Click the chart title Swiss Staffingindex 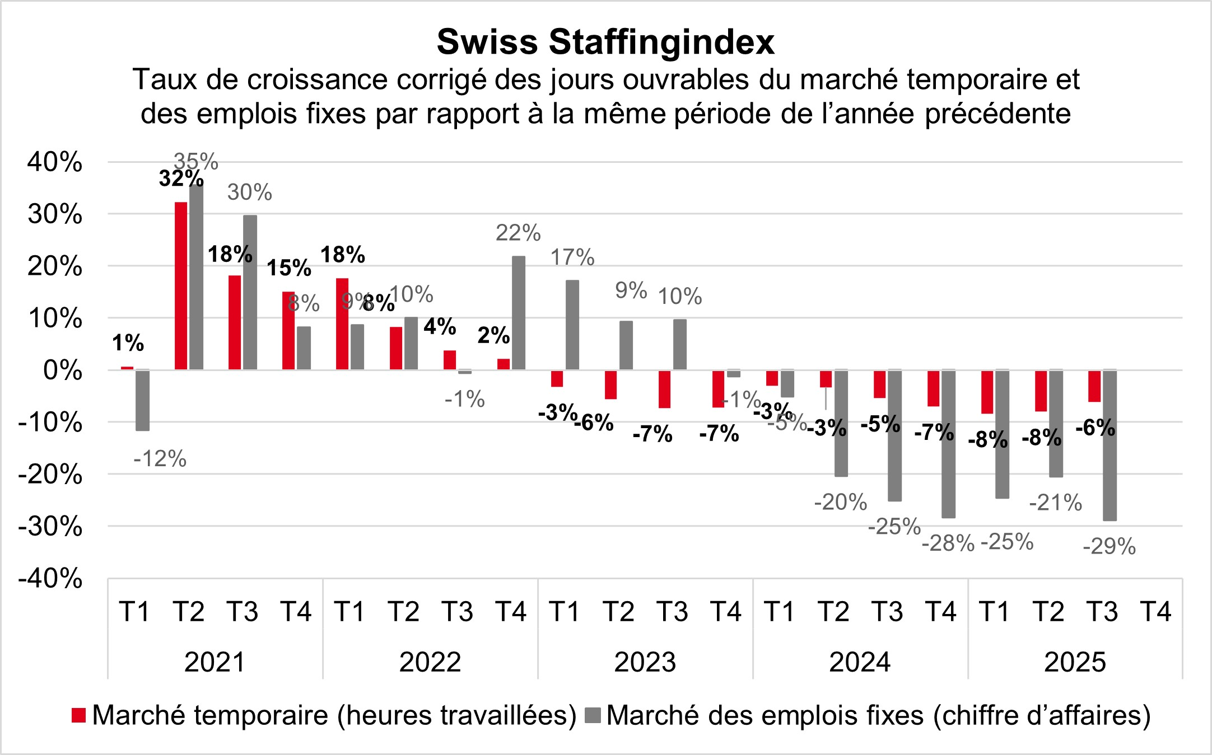point(605,42)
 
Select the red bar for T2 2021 point(181,285)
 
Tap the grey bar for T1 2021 point(142,400)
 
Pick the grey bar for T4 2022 point(519,313)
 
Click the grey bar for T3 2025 point(1110,445)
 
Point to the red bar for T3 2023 point(664,389)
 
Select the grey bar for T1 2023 point(572,325)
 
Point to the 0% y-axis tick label point(62,371)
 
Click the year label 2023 point(645,663)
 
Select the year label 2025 point(1075,663)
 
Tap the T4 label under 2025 point(1155,611)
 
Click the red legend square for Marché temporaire point(79,715)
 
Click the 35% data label point(195,162)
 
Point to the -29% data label point(1109,546)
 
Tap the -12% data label point(160,459)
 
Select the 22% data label point(518,233)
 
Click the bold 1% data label point(128,343)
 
